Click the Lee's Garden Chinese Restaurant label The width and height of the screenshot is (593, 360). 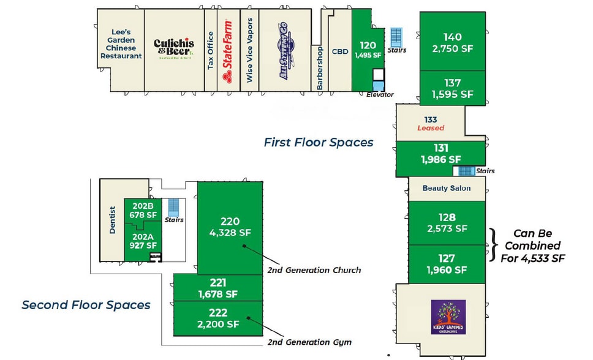coord(121,43)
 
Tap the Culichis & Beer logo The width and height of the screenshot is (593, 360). coord(174,47)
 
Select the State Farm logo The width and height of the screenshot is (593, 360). coord(227,51)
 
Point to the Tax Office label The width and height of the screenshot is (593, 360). coord(210,51)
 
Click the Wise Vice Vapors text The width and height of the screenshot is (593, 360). coord(249,51)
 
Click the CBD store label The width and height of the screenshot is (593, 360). coord(340,52)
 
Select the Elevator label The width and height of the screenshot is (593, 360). coord(380,94)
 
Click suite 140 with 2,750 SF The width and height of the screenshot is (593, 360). coord(453,42)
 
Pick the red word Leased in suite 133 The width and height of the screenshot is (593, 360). coord(430,128)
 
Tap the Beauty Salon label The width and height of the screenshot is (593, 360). coord(447,188)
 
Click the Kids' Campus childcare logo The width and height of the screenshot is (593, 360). coord(448,317)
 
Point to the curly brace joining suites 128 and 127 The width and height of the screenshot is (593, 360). coord(494,244)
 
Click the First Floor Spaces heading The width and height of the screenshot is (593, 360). coord(318,142)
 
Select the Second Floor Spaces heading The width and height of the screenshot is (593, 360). coord(86,304)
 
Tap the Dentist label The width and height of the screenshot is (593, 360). coord(113,219)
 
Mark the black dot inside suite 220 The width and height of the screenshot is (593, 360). coord(244,246)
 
